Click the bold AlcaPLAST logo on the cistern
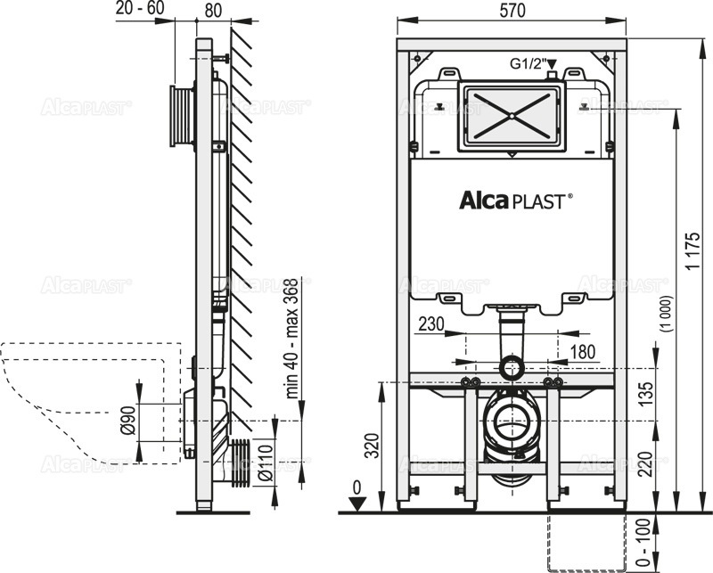512,201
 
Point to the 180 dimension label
582,353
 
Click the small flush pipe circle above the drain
511,364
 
